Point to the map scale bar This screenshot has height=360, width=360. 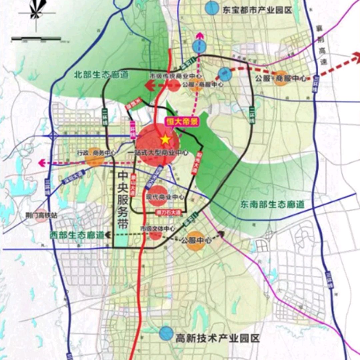pos(36,39)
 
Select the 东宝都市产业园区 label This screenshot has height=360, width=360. pos(257,10)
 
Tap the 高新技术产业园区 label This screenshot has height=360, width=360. pos(218,339)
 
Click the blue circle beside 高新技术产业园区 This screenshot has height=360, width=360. pos(166,333)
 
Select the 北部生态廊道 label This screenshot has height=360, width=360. pos(101,75)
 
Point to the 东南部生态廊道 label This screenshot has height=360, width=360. pos(272,204)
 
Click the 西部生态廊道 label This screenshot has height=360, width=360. pos(77,234)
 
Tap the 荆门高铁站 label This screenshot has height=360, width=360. pos(44,215)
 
